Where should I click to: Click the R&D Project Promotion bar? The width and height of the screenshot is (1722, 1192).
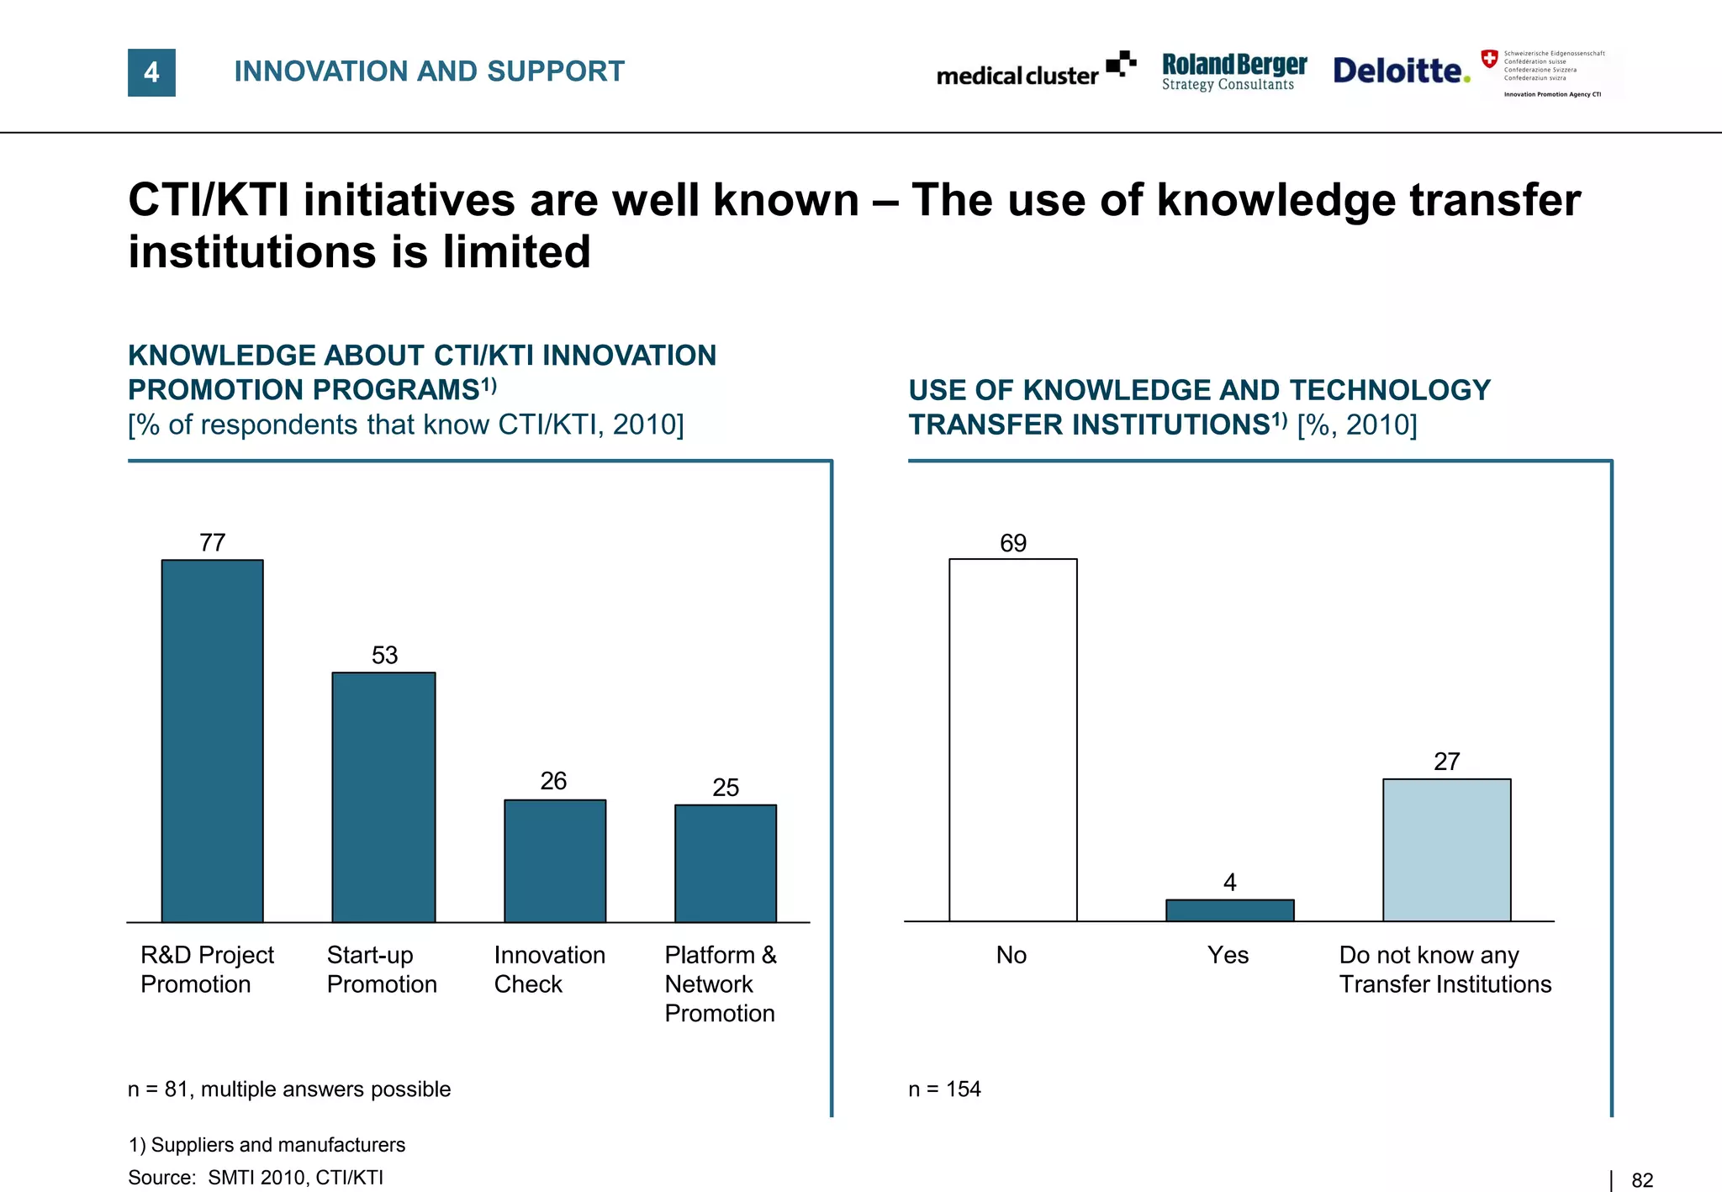(212, 741)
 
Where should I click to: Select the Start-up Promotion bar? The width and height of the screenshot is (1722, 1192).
(383, 797)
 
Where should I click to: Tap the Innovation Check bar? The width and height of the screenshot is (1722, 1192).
(555, 861)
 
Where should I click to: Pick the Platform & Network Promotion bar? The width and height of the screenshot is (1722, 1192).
(726, 863)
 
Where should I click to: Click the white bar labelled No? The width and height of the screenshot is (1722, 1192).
(1013, 740)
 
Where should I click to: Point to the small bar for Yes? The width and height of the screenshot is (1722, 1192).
(1229, 910)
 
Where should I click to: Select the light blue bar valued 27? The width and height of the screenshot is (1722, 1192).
(1446, 850)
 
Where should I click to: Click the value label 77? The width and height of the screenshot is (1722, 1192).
(212, 543)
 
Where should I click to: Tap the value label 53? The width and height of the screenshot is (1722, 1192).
(384, 656)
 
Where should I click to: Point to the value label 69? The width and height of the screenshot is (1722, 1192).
(1013, 544)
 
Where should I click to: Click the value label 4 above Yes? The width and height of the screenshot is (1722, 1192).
(1229, 883)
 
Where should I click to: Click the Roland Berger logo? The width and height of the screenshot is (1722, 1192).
(1233, 71)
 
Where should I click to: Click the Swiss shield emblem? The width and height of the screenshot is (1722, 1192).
(1489, 59)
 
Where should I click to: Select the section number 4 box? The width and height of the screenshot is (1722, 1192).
(151, 72)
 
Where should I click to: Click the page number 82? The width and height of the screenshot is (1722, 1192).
(1642, 1180)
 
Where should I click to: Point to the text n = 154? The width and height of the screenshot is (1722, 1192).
(944, 1089)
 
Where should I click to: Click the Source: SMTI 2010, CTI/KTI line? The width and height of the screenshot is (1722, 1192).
(256, 1178)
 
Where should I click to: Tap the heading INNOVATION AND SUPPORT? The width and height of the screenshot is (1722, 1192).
(429, 71)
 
